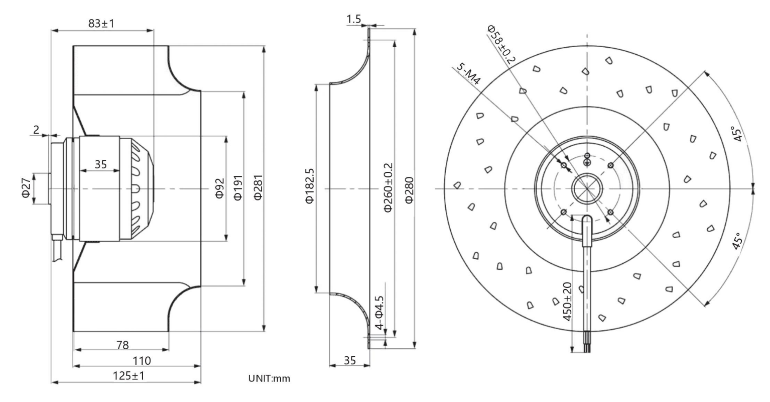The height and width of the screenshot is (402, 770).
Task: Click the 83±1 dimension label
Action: click(101, 24)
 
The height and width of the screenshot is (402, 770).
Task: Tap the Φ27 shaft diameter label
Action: click(26, 188)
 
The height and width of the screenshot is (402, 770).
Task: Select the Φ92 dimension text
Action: click(219, 188)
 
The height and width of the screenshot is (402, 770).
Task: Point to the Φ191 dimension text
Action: click(238, 188)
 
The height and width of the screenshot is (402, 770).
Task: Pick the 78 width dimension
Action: click(122, 345)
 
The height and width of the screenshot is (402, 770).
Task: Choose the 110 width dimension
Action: click(142, 361)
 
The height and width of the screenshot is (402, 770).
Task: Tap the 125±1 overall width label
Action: click(129, 375)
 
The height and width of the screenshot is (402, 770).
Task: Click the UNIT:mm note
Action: click(269, 378)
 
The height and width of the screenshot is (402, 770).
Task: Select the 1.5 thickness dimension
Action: click(354, 19)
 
